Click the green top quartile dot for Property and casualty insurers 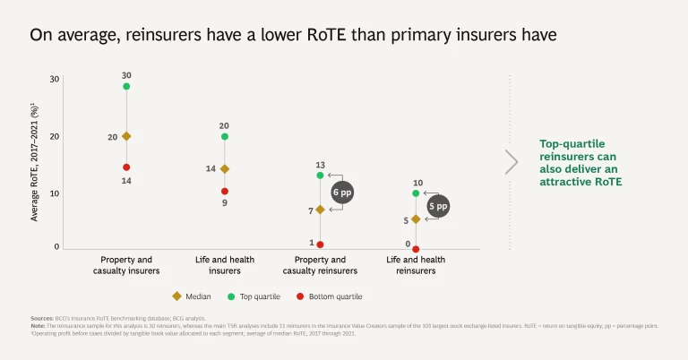pos(126,86)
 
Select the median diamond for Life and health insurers pos(225,168)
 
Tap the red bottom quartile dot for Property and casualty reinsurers pos(320,244)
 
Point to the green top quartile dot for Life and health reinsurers pos(416,193)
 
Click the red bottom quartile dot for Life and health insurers pos(225,191)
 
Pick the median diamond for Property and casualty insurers pos(126,136)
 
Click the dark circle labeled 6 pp pos(341,193)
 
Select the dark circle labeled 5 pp pos(437,206)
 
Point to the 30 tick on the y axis pos(55,80)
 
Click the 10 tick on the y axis pos(55,193)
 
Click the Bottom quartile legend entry pos(331,296)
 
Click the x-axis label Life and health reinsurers pos(416,265)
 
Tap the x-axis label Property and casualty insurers pos(126,265)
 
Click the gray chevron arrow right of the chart pos(512,162)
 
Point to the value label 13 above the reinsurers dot pos(320,165)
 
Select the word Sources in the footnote pos(41,318)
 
